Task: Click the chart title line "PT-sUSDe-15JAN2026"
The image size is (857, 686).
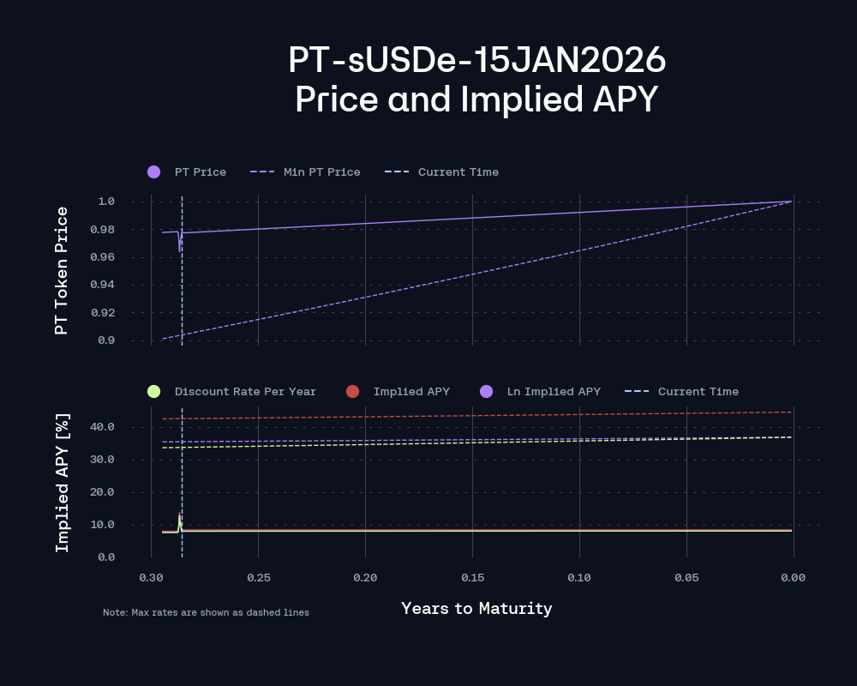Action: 476,61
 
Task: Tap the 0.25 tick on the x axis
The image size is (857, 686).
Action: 258,578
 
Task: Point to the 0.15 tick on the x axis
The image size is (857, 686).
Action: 472,578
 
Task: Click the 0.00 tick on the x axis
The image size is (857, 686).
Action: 793,578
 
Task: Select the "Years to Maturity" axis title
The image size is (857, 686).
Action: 476,609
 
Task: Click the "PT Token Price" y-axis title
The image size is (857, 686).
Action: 61,270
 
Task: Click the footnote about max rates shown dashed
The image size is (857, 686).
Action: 206,613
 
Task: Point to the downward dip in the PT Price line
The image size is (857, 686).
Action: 179,249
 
